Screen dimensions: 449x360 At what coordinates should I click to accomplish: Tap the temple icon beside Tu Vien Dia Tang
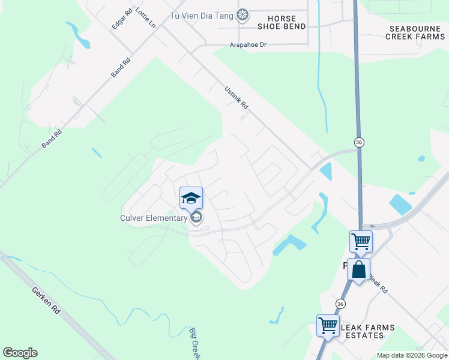coord(243,15)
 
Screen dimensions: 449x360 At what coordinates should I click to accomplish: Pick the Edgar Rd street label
coord(122,19)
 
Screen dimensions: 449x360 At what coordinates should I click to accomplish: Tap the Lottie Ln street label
coord(145,18)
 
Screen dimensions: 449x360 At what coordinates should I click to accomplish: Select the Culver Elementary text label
coord(154,218)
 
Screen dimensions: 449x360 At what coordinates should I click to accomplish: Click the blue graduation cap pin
coord(191,197)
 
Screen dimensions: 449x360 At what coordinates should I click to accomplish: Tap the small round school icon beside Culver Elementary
coord(196,217)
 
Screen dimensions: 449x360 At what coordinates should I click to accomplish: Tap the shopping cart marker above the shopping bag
coord(361,241)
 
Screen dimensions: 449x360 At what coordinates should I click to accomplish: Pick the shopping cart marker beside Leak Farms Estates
coord(328,325)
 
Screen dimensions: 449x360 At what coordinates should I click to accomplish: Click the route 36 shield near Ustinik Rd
coord(359,142)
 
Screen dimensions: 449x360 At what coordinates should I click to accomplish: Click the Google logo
coord(20,353)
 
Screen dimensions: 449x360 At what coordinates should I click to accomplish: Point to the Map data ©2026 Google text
coord(412,355)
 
